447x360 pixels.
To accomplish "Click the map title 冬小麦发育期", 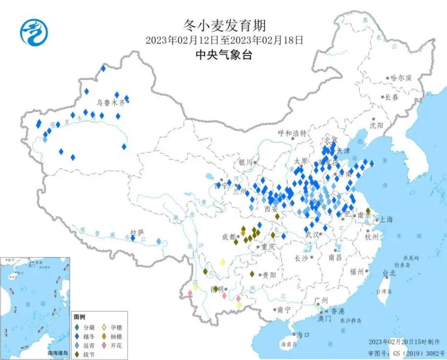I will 224,25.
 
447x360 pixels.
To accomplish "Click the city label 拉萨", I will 135,232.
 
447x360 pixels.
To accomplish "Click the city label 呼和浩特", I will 292,133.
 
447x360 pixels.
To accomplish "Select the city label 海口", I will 303,335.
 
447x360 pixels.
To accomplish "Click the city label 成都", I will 229,236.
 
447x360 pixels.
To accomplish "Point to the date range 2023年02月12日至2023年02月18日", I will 224,40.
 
